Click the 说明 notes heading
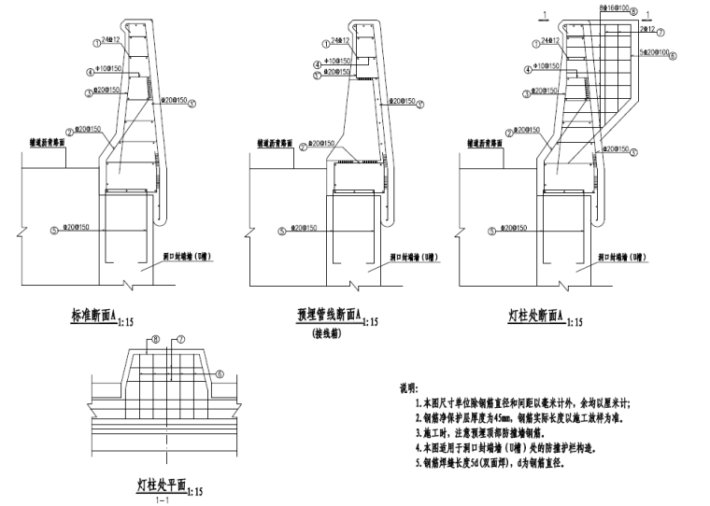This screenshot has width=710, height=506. pyautogui.click(x=408, y=387)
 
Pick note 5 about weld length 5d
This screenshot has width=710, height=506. pyautogui.click(x=494, y=464)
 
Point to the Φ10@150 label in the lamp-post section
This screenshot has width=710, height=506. pyautogui.click(x=547, y=66)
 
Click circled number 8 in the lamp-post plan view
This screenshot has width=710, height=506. pyautogui.click(x=157, y=340)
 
